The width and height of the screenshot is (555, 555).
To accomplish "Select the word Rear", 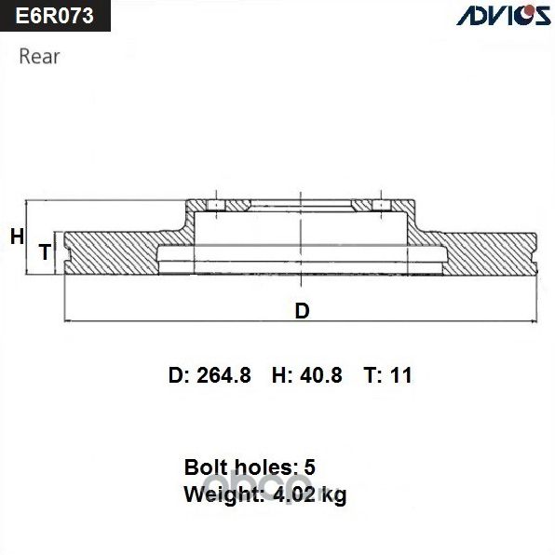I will coord(39,57).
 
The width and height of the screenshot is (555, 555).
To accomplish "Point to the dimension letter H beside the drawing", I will coord(16,237).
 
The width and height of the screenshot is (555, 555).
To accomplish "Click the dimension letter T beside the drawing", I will coord(44,251).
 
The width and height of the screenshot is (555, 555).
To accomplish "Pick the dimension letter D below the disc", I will coord(301,311).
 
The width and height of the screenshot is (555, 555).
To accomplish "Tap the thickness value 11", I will coord(401,375).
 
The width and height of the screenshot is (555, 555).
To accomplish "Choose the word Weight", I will coord(220,494).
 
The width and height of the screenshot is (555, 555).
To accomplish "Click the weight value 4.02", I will coord(292,494).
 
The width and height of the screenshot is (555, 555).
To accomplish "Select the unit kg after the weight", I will coord(332,496).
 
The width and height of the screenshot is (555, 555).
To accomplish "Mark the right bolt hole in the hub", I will coord(381,205).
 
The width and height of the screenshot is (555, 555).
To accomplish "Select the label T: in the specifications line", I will coord(372,375).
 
